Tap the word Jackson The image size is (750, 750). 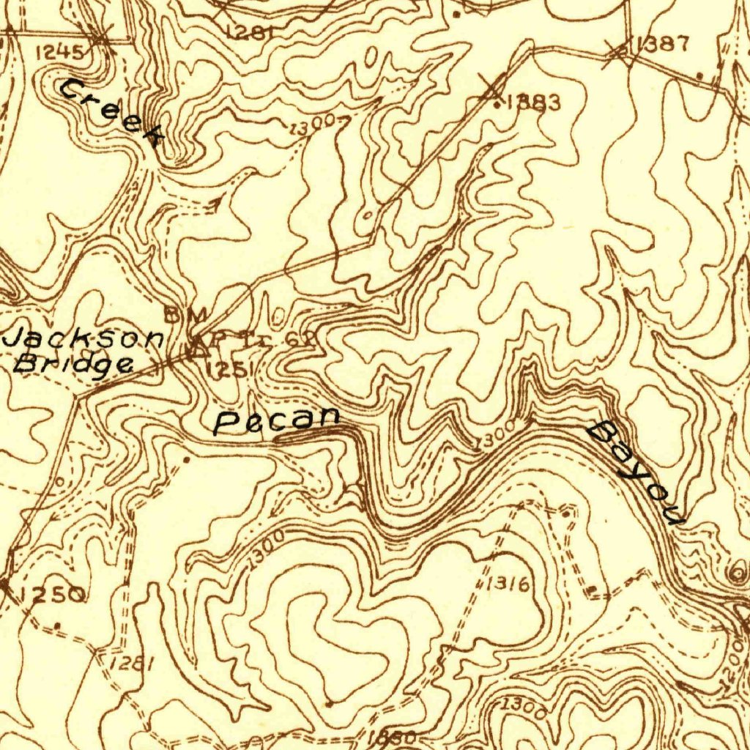point(83,339)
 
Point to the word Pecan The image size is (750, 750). point(277,421)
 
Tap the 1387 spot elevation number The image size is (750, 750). point(662,44)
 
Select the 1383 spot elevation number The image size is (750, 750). point(532,103)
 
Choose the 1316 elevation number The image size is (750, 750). point(507,584)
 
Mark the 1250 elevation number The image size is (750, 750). point(52,595)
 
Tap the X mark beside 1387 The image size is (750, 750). point(617,52)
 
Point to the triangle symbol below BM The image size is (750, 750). point(193,349)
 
